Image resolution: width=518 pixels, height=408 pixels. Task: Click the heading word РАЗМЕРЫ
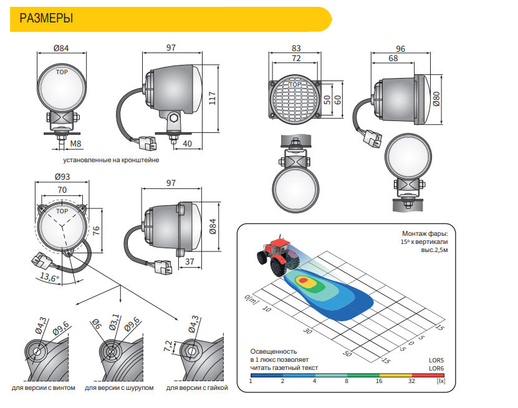point(46,18)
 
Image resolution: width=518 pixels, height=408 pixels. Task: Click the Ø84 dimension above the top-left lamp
point(61,48)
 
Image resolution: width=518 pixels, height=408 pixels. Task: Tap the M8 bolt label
point(75,143)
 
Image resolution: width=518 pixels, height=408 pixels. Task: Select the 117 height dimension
point(213,99)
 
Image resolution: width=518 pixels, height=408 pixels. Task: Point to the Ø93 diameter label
point(62,177)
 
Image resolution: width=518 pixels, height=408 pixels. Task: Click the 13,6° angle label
point(49,277)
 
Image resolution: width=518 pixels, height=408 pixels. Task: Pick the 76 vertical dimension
point(96,230)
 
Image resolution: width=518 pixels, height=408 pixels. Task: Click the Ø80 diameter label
point(436,99)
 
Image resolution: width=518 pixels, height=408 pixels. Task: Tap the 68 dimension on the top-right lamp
point(393,58)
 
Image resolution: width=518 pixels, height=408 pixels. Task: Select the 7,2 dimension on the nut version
point(168,346)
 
